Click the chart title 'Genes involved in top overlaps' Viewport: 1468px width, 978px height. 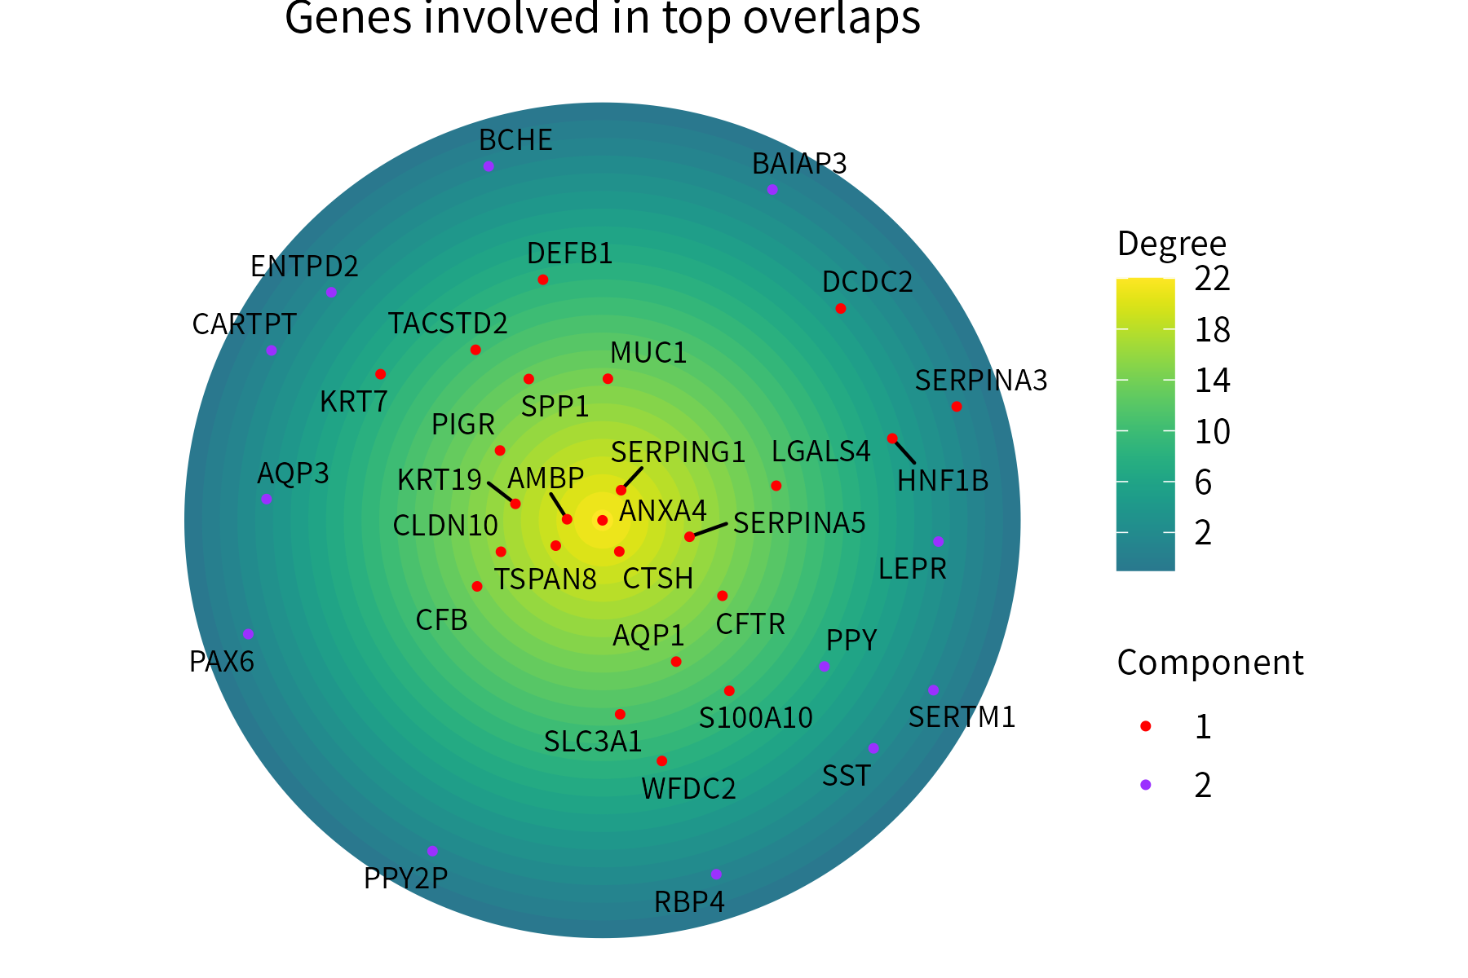603,18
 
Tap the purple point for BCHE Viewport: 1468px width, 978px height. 489,166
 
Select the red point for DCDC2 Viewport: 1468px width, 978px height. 841,308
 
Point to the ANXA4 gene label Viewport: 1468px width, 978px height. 663,511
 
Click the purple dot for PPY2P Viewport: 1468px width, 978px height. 432,851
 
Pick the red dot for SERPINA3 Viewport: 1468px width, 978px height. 957,407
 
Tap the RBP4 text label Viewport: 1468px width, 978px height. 689,902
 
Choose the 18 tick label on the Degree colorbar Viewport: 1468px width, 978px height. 1212,330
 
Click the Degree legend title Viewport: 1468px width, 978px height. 1171,244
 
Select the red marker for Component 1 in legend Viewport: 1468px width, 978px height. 1146,726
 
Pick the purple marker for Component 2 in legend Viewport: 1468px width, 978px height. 1146,785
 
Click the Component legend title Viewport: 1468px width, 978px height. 1209,663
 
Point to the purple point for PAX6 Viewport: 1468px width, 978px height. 248,634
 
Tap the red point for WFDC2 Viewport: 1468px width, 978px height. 661,761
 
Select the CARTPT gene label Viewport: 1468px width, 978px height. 244,324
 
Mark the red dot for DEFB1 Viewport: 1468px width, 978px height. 543,280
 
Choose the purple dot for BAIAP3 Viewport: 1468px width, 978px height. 772,190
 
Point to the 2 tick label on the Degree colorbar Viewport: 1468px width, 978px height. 1203,533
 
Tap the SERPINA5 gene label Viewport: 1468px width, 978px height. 799,523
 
